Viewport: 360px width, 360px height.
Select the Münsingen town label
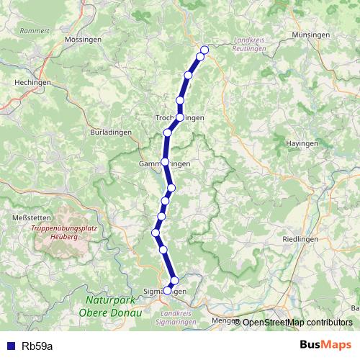point(312,35)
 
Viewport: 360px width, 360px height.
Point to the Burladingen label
point(109,132)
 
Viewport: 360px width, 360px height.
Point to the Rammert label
point(34,31)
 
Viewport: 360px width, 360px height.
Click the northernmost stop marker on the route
point(204,50)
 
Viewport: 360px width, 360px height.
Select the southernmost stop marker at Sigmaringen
point(168,290)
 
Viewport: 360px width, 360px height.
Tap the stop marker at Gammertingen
point(166,161)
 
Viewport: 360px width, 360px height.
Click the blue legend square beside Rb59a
point(10,346)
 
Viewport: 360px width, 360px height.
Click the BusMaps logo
point(325,344)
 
